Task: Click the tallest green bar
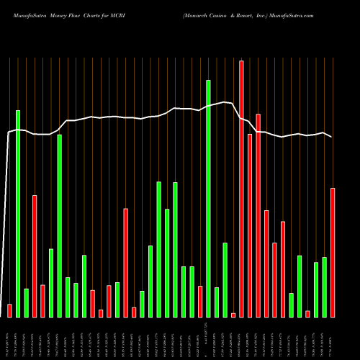pos(208,198)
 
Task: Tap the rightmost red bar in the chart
pos(333,252)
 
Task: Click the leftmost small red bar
pos(9,310)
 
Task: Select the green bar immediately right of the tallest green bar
pos(217,302)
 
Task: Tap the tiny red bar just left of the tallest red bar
pos(233,315)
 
